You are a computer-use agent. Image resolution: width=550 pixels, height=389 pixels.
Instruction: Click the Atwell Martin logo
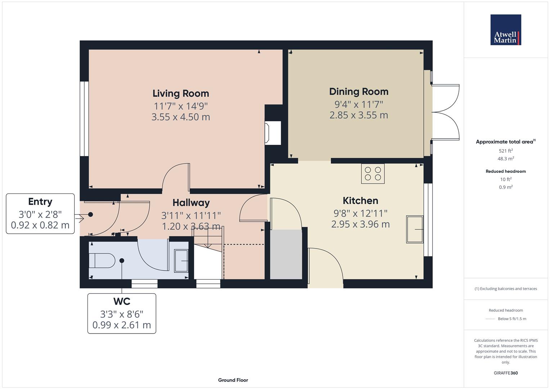tap(505, 30)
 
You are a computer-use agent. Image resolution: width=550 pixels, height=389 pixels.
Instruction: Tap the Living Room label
tap(180, 93)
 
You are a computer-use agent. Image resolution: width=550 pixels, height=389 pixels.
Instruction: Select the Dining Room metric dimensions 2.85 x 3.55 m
tap(358, 115)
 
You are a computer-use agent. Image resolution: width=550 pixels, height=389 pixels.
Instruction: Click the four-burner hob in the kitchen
tap(373, 174)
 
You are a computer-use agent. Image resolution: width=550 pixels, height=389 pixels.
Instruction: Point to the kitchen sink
tap(415, 229)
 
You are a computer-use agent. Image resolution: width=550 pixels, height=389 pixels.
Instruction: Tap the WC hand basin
tap(181, 260)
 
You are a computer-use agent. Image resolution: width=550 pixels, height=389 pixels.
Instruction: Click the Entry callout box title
tap(40, 202)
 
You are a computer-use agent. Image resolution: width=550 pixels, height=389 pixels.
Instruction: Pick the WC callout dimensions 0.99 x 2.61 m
tap(121, 325)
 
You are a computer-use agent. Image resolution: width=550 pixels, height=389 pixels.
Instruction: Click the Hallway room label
tap(191, 203)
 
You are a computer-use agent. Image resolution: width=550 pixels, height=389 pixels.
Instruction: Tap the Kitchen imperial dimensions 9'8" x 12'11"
tap(360, 213)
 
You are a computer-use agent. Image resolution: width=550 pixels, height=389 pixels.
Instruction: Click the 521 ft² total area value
tap(506, 151)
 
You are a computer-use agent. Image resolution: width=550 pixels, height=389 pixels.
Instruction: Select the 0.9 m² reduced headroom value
tap(506, 187)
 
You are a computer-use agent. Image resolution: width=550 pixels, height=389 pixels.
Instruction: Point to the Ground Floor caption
tap(233, 380)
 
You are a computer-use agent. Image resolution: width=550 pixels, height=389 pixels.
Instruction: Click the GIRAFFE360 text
tap(506, 373)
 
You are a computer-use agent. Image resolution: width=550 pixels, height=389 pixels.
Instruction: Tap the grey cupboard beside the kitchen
tap(286, 254)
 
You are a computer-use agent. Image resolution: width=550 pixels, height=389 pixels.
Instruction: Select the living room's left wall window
tap(84, 119)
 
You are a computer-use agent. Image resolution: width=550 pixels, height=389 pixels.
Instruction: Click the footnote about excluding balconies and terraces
tap(506, 289)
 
